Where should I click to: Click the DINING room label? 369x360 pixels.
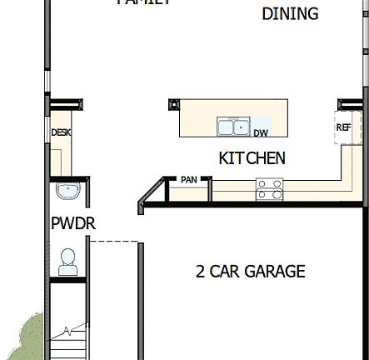(x=290, y=14)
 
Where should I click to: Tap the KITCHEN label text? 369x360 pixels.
(x=252, y=157)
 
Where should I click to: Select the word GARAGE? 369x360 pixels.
(x=277, y=272)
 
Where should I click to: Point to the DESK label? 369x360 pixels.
(x=61, y=132)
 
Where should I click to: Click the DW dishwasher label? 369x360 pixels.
(x=261, y=132)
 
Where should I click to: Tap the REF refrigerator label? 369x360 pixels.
(x=343, y=127)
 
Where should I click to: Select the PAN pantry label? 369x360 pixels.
(x=189, y=179)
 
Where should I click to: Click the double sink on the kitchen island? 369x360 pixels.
(x=234, y=127)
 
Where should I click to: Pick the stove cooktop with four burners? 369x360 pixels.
(x=269, y=190)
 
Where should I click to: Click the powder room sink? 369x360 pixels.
(x=67, y=191)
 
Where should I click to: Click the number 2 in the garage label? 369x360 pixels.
(x=200, y=272)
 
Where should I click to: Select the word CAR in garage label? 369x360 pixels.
(x=226, y=272)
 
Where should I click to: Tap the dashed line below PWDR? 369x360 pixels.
(x=112, y=242)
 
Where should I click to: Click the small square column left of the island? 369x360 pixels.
(x=173, y=104)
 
